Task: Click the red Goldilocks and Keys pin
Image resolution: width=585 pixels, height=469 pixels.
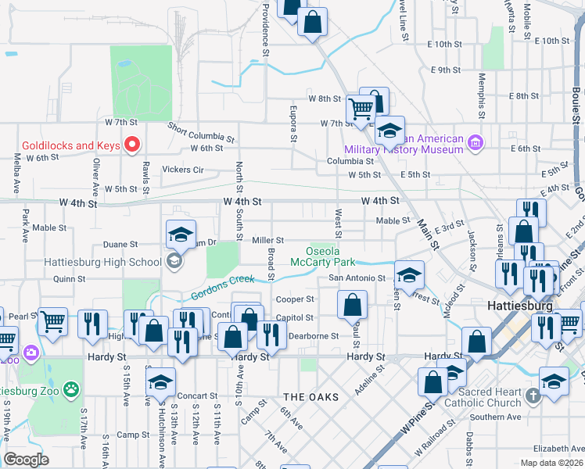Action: point(132,144)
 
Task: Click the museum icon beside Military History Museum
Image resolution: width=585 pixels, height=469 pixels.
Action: point(475,142)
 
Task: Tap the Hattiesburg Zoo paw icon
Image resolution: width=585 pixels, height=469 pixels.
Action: point(71,388)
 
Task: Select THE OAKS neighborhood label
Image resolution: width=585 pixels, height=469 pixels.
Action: point(311,397)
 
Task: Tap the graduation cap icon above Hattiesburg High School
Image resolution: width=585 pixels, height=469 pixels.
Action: point(180,233)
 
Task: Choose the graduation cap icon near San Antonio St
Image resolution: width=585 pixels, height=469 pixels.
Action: point(409,274)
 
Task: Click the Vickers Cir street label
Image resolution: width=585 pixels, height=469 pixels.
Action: point(182,169)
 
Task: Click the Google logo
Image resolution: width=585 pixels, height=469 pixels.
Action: point(26,460)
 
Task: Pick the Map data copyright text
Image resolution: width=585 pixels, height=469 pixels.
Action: point(551,463)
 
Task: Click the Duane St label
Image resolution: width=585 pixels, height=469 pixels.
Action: point(120,244)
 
